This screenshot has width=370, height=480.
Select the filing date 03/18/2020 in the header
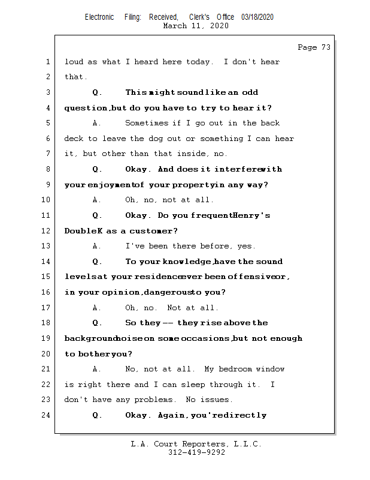[257, 17]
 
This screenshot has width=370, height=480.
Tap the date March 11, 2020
[196, 26]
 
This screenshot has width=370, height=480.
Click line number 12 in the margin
[47, 231]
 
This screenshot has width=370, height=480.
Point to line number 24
[47, 415]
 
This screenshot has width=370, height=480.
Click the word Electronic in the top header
[99, 17]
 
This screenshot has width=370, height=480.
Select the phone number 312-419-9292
[196, 452]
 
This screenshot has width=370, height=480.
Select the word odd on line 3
[250, 92]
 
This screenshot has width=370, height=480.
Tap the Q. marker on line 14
[98, 262]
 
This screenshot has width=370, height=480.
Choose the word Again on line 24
[172, 415]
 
